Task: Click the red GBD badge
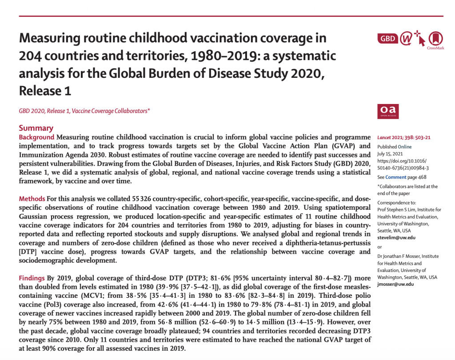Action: click(x=387, y=39)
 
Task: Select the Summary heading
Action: click(x=36, y=128)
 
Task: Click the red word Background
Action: click(x=36, y=137)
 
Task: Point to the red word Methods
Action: click(x=32, y=199)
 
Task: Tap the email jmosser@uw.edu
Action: click(x=395, y=284)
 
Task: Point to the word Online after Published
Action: click(x=405, y=147)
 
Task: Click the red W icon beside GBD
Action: click(x=406, y=39)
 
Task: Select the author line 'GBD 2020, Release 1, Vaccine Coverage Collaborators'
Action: click(x=84, y=111)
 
